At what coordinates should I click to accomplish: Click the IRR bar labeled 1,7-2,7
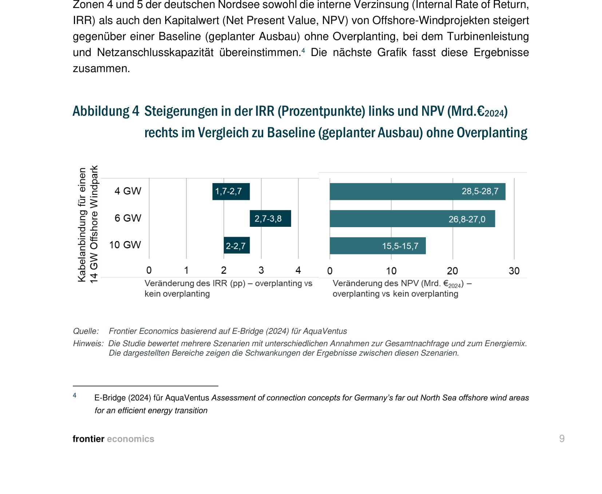pyautogui.click(x=231, y=191)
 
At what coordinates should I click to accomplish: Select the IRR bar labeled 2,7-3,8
pyautogui.click(x=270, y=218)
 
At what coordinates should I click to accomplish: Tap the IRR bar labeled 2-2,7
pyautogui.click(x=236, y=246)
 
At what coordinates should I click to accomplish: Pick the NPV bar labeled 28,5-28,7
pyautogui.click(x=417, y=191)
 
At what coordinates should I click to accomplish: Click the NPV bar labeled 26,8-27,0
pyautogui.click(x=412, y=219)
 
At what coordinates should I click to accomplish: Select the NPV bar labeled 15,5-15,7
pyautogui.click(x=377, y=246)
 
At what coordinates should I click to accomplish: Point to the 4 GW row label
pyautogui.click(x=128, y=191)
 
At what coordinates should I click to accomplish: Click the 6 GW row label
pyautogui.click(x=128, y=218)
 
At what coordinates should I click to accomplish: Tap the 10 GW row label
pyautogui.click(x=125, y=245)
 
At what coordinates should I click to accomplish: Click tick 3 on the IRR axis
pyautogui.click(x=261, y=270)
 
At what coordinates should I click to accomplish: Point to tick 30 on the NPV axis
pyautogui.click(x=514, y=271)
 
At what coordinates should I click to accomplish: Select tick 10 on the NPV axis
pyautogui.click(x=391, y=271)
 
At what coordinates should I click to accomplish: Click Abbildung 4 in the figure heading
pyautogui.click(x=106, y=111)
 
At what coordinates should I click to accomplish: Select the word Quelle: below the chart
pyautogui.click(x=86, y=331)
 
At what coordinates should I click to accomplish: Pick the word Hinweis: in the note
pyautogui.click(x=88, y=344)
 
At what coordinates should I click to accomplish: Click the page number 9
pyautogui.click(x=562, y=439)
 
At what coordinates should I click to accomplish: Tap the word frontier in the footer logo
pyautogui.click(x=88, y=439)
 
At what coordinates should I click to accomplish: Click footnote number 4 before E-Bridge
pyautogui.click(x=75, y=395)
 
